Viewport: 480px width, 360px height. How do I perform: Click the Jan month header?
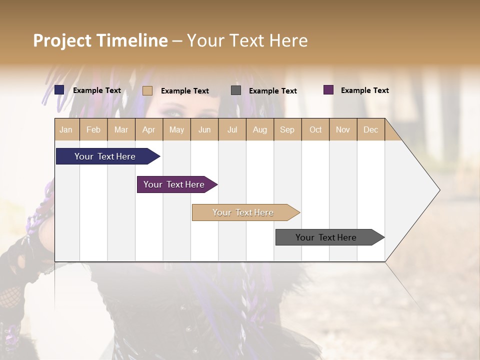pyautogui.click(x=66, y=129)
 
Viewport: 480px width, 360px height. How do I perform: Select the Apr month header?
pyautogui.click(x=148, y=129)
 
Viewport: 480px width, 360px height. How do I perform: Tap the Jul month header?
pyautogui.click(x=232, y=129)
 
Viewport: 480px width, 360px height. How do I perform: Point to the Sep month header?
pyautogui.click(x=287, y=129)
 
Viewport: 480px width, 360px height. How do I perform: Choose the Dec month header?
pyautogui.click(x=370, y=129)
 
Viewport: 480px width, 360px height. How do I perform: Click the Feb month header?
pyautogui.click(x=93, y=129)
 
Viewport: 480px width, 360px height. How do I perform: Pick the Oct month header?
pyautogui.click(x=315, y=129)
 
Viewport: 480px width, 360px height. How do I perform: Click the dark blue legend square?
pyautogui.click(x=59, y=90)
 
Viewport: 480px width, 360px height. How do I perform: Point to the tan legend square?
pyautogui.click(x=147, y=90)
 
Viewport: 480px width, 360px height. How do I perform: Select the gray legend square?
pyautogui.click(x=236, y=90)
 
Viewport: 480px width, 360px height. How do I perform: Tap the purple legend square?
pyautogui.click(x=328, y=90)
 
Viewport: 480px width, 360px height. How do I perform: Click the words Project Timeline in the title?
pyautogui.click(x=100, y=40)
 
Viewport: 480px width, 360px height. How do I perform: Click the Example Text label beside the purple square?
pyautogui.click(x=364, y=90)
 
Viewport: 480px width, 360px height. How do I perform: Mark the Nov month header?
pyautogui.click(x=343, y=129)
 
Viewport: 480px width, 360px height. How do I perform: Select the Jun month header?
pyautogui.click(x=204, y=129)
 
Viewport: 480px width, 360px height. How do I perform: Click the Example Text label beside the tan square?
pyautogui.click(x=184, y=91)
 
